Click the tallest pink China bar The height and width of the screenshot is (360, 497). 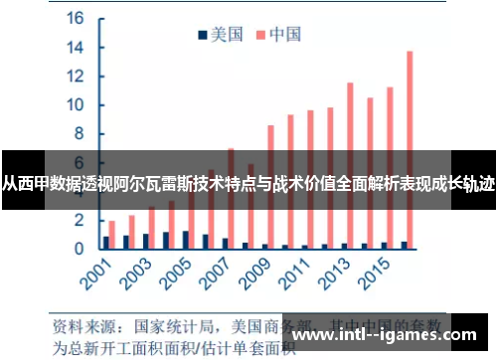(x=409, y=149)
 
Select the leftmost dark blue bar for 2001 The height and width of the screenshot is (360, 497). (x=106, y=242)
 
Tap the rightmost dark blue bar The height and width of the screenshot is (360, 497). (x=404, y=244)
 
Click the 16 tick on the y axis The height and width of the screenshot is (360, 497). (x=77, y=19)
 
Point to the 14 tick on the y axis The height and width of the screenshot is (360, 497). (x=77, y=48)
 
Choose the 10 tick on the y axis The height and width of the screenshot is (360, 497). (x=77, y=105)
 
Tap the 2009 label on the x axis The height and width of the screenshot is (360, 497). (x=257, y=275)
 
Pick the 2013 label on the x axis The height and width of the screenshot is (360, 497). (x=336, y=275)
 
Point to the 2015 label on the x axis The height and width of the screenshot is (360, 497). (x=376, y=275)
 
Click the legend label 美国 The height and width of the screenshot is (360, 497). (x=226, y=35)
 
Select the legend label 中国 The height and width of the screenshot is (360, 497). (x=284, y=35)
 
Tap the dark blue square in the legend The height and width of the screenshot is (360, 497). (x=202, y=35)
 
